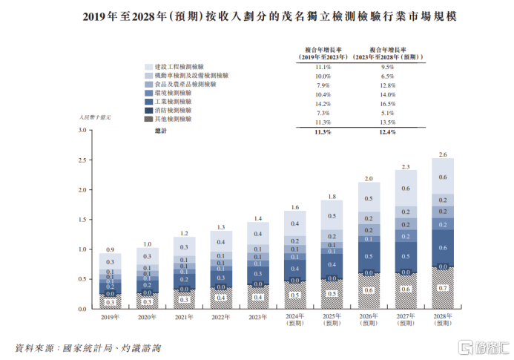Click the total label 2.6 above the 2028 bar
(443, 154)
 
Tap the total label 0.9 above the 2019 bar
(110, 249)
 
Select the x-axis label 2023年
(257, 317)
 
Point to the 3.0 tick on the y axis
(82, 131)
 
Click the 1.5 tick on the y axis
(82, 220)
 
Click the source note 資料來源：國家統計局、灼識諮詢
(88, 347)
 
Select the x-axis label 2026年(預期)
(369, 320)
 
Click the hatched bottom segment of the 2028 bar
(443, 288)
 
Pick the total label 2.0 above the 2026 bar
(369, 179)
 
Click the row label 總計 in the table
(161, 131)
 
